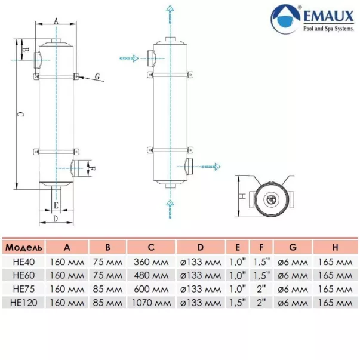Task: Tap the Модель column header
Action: (23, 247)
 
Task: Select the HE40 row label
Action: (23, 261)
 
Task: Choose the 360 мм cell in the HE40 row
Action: (151, 261)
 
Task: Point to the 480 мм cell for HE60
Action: (151, 275)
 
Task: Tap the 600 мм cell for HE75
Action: (151, 288)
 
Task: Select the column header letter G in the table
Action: (293, 247)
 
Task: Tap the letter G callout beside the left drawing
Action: (97, 76)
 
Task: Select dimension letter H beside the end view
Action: (242, 196)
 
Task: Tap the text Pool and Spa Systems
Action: (327, 28)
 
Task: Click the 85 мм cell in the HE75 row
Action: (108, 288)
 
